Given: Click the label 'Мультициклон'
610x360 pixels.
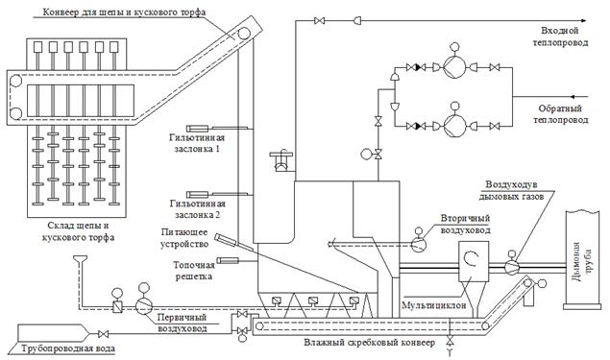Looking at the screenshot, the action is [434, 305].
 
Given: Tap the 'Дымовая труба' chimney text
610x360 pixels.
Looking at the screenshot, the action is [583, 262].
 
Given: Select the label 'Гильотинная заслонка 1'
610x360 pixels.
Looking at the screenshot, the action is [197, 143].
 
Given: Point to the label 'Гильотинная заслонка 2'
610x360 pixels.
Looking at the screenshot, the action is [197, 209].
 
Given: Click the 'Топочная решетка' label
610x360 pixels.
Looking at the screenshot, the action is [194, 271].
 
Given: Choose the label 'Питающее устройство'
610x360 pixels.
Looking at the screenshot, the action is [184, 238].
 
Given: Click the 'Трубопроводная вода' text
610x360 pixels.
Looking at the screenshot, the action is [68, 348].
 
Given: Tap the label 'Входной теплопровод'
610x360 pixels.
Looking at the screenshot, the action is [560, 36].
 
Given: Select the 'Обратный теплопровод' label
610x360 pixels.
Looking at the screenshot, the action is [561, 114].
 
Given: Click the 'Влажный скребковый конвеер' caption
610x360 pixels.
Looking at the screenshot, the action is [370, 343].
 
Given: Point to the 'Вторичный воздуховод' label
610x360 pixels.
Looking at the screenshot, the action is [465, 225].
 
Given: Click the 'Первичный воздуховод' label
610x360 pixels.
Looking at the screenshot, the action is [182, 323].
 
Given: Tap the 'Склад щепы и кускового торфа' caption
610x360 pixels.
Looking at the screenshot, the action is [78, 231].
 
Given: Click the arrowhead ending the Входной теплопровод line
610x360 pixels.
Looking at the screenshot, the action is [583, 20].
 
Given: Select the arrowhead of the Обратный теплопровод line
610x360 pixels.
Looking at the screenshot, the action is [573, 96].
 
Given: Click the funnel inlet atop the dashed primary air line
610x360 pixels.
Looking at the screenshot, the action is [80, 258].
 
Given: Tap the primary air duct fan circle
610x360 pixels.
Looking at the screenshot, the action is [143, 306].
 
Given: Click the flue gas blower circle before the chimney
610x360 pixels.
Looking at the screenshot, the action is [512, 267].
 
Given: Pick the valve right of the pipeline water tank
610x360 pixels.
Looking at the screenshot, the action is [103, 333].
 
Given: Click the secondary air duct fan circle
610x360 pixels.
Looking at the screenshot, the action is [419, 245].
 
